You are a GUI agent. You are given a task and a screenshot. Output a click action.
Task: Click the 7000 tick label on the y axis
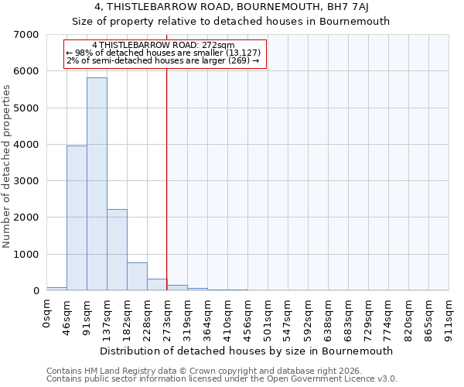coord(27,35)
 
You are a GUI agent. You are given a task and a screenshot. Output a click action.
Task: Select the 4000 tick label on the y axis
coord(27,145)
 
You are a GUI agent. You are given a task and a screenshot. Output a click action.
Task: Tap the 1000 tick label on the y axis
coord(27,255)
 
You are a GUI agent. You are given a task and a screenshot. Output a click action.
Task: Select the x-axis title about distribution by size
coord(247,351)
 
